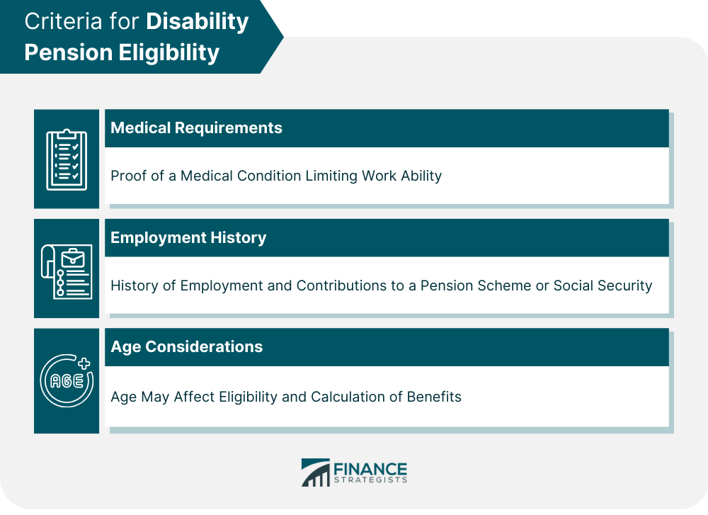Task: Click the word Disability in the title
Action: click(x=198, y=22)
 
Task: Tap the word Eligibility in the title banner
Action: click(x=169, y=53)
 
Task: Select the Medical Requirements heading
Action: click(x=196, y=128)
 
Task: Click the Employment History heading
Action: click(x=188, y=238)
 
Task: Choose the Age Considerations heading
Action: click(x=186, y=347)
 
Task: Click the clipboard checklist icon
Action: click(x=67, y=159)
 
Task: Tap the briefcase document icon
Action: click(x=67, y=271)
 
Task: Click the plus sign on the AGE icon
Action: click(x=84, y=363)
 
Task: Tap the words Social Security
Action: click(x=603, y=285)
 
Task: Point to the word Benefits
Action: click(x=434, y=397)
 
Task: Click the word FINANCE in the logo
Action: click(x=370, y=470)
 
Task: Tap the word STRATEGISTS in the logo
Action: click(x=371, y=480)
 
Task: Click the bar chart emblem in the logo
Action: click(x=316, y=472)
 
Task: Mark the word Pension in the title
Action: click(x=69, y=52)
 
